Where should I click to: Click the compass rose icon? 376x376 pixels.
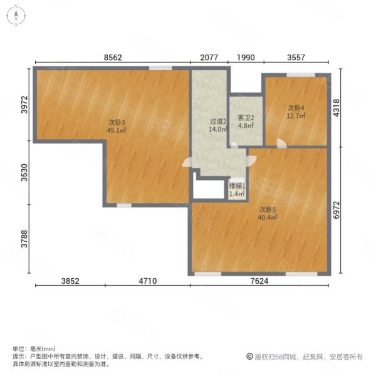coord(16,16)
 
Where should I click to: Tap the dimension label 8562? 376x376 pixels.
coord(113,58)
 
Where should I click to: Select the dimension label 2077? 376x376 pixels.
coord(209,58)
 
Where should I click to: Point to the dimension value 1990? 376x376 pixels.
coord(246,58)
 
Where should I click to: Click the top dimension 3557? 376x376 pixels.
coord(296,58)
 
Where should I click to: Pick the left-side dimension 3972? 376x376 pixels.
coord(24,105)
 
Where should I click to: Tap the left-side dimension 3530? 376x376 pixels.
coord(24,173)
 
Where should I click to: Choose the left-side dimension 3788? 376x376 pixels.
coord(24,239)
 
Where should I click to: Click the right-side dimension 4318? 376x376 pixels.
coord(337,108)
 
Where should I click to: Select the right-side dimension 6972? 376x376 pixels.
coord(337,210)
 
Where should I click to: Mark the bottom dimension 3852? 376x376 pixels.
coord(70,281)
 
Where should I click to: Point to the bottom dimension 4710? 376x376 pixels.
coord(148,281)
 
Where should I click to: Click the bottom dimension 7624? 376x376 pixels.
coord(259,281)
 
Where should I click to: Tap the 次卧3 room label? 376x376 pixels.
coord(117,123)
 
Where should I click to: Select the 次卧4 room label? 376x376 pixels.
coord(296,108)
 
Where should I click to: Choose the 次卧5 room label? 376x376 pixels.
coord(268,210)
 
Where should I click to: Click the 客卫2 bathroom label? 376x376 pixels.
coord(246,118)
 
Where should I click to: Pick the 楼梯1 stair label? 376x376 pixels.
coord(238,186)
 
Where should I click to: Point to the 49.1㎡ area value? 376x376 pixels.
coord(117,130)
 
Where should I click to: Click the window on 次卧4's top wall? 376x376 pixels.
coord(301,75)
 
